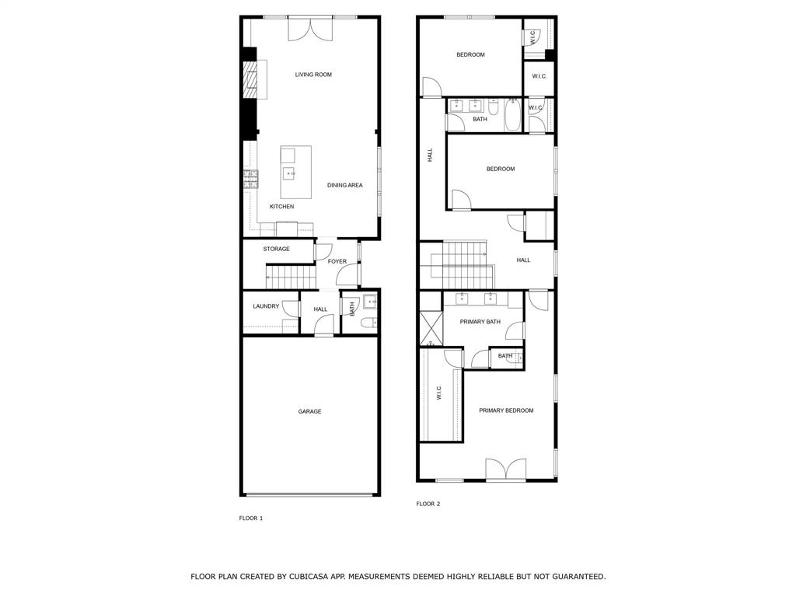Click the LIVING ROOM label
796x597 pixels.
point(313,75)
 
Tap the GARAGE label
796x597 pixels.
point(309,411)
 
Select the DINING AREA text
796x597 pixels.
point(344,185)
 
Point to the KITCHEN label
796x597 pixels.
point(281,207)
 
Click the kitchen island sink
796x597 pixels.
point(288,173)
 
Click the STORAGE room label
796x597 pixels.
point(276,249)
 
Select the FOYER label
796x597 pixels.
point(337,261)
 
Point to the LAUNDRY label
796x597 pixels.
point(266,306)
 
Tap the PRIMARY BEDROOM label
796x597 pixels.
point(506,410)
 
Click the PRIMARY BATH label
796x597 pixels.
point(480,322)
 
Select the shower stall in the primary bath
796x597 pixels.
point(430,328)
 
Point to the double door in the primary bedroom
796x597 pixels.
point(505,470)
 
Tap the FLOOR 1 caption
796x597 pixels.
point(250,518)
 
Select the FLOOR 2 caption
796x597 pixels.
point(428,504)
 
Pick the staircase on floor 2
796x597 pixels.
point(465,264)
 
